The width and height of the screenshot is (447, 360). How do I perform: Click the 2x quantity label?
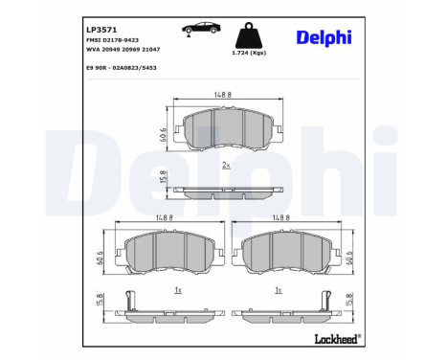coord(226,165)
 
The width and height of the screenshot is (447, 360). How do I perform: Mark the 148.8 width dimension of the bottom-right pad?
coord(279,217)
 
